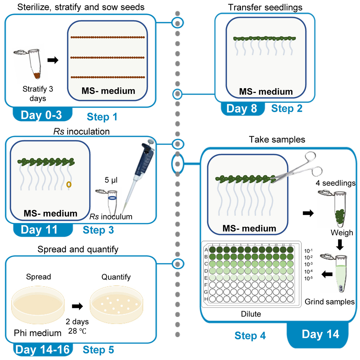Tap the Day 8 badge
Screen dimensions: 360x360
coord(241,108)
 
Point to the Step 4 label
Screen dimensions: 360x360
coord(250,336)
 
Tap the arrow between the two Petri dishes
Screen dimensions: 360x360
coord(77,306)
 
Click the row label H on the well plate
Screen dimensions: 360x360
coord(206,299)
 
